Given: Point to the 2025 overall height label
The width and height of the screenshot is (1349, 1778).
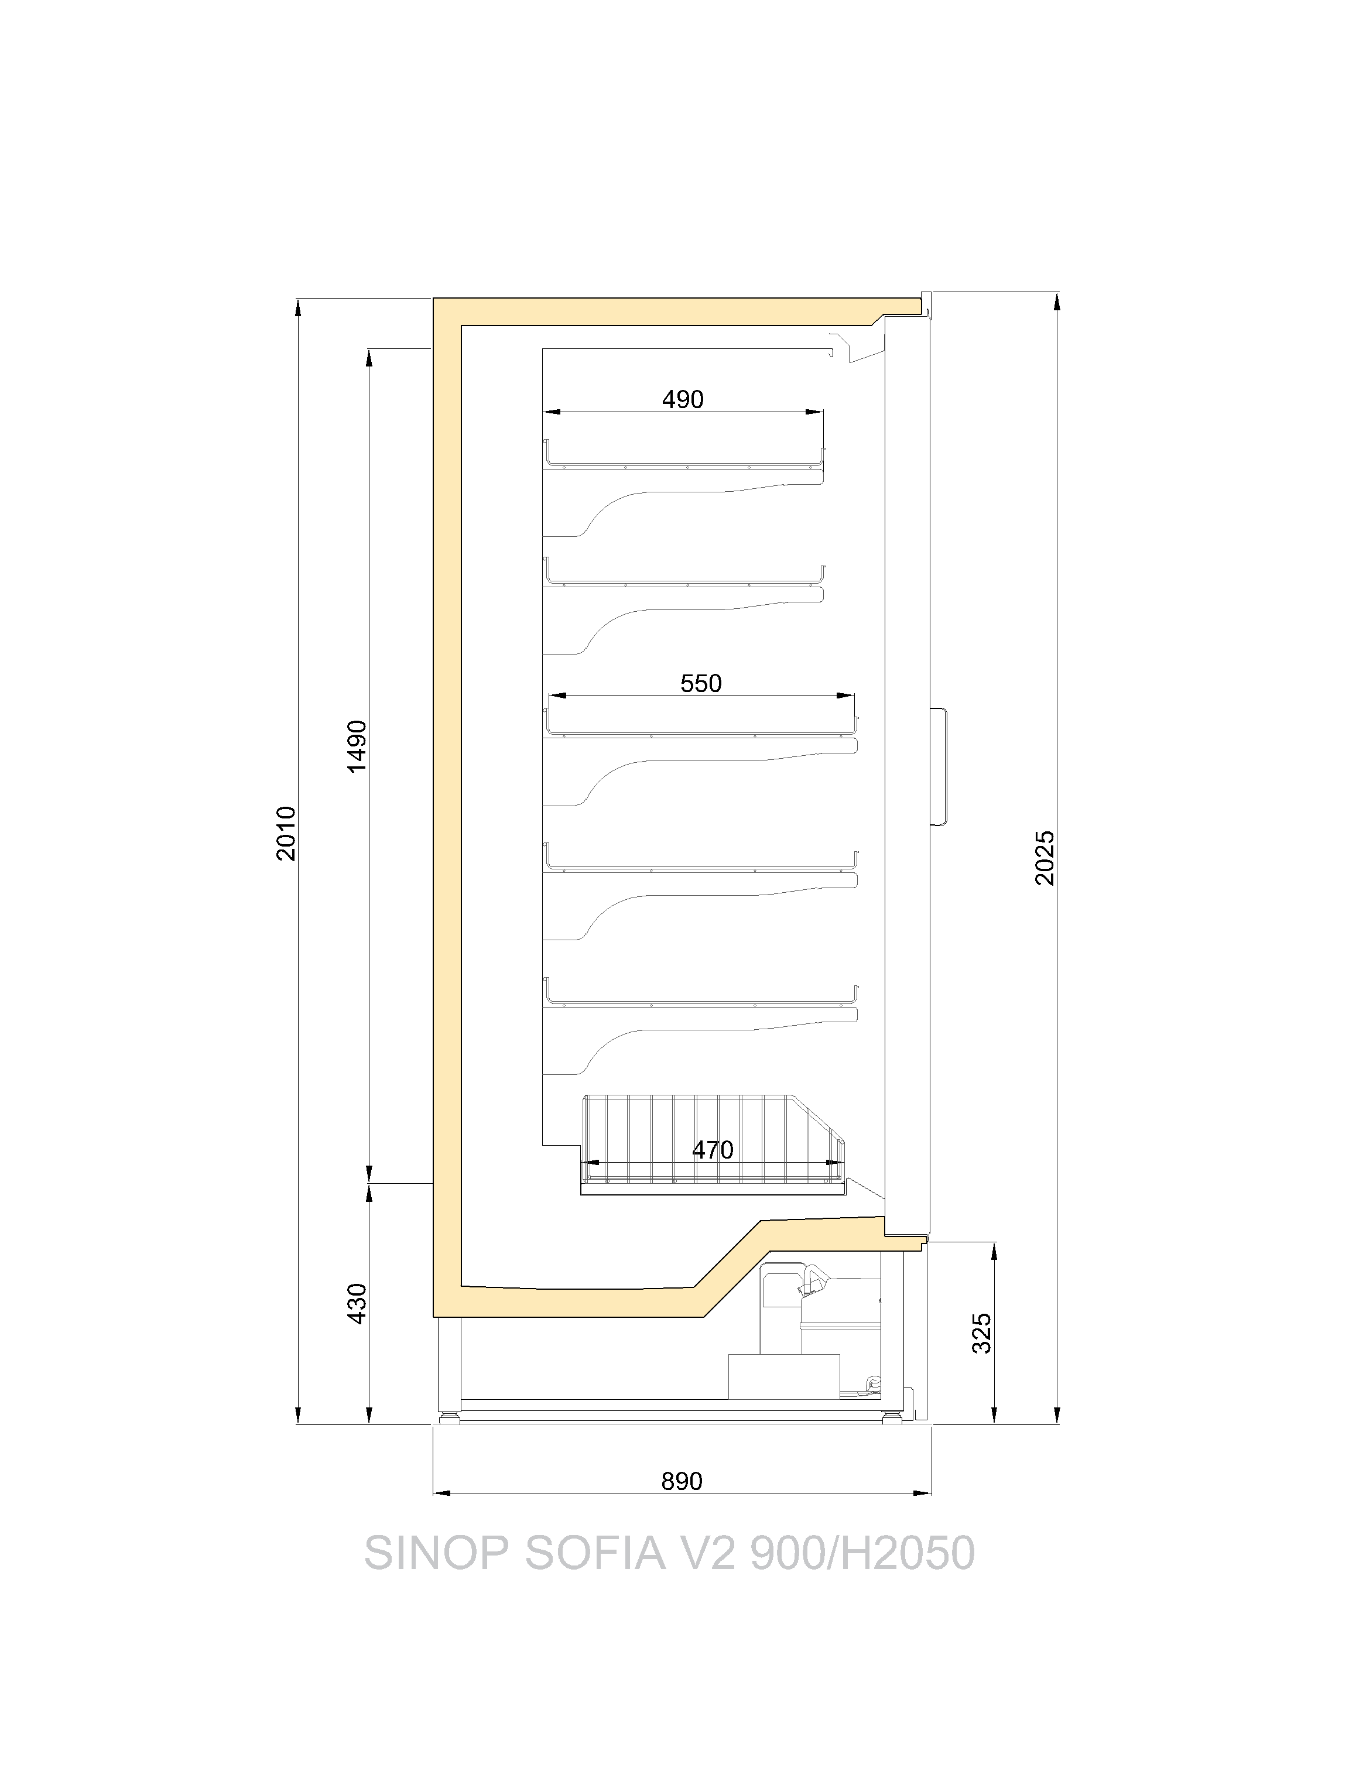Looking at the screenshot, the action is coord(1045,858).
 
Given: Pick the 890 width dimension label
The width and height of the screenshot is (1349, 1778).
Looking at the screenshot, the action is coord(682,1481).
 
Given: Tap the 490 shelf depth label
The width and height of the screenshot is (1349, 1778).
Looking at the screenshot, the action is coord(683,399).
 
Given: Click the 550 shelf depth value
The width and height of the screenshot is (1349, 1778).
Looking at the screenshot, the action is coord(701,683).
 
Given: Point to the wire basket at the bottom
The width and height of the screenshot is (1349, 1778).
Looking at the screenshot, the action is coord(713,1145).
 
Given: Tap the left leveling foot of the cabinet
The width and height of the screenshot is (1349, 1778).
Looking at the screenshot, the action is coord(448,1418).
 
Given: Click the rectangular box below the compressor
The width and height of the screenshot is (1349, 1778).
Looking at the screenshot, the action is coord(784,1376).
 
